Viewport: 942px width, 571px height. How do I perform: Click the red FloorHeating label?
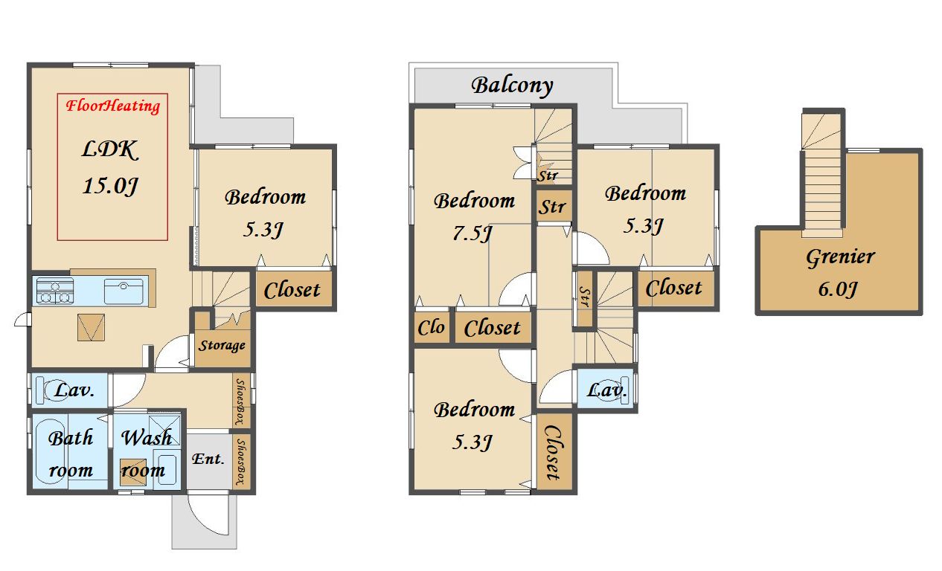click(x=112, y=106)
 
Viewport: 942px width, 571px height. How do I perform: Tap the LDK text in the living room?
click(x=110, y=149)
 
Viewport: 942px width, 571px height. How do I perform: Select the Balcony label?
click(x=512, y=86)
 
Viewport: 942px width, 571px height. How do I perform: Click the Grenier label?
click(x=840, y=257)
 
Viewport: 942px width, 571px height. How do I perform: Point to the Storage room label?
click(x=222, y=346)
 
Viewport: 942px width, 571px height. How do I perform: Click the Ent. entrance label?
click(x=208, y=459)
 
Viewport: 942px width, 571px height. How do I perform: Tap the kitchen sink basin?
click(x=124, y=291)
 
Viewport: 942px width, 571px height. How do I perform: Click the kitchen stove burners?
click(x=54, y=290)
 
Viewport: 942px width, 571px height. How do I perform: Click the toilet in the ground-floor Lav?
click(x=54, y=390)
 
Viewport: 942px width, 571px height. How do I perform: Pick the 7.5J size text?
click(x=472, y=233)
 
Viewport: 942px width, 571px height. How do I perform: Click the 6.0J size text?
click(x=838, y=289)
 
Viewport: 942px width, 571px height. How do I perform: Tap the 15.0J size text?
click(x=110, y=185)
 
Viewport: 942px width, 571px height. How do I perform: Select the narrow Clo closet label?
click(x=431, y=327)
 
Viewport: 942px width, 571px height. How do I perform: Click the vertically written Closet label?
click(x=553, y=453)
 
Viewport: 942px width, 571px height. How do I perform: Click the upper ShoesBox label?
click(x=240, y=401)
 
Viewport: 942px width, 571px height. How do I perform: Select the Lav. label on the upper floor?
click(x=606, y=390)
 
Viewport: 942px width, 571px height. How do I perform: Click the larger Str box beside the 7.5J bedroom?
click(x=554, y=206)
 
